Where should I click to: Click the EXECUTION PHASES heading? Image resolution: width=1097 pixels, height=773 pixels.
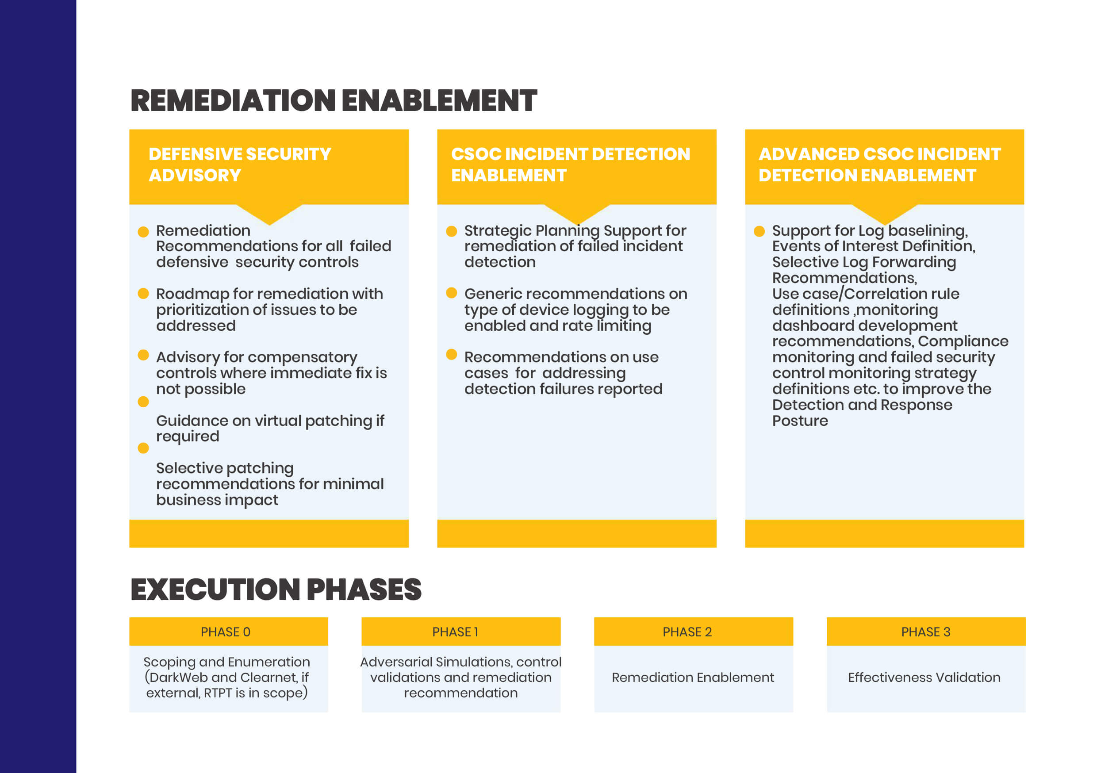tap(276, 589)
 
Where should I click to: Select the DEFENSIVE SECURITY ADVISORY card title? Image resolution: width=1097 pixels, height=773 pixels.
tap(239, 165)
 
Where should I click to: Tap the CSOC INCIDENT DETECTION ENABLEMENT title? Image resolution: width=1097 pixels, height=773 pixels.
tap(571, 165)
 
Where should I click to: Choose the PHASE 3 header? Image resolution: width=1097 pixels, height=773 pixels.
tap(926, 631)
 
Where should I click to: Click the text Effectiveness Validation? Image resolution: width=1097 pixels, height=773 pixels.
tap(924, 677)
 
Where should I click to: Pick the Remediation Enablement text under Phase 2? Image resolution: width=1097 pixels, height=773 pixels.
tap(693, 677)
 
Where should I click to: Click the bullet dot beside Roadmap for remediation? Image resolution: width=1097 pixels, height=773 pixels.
tap(143, 293)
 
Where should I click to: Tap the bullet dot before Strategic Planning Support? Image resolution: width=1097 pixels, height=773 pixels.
tap(452, 231)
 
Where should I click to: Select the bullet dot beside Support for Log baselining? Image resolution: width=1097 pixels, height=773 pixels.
tap(759, 231)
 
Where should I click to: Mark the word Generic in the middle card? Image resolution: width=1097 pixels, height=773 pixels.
tap(494, 293)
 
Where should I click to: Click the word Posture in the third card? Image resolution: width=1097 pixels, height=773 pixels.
tap(800, 421)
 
